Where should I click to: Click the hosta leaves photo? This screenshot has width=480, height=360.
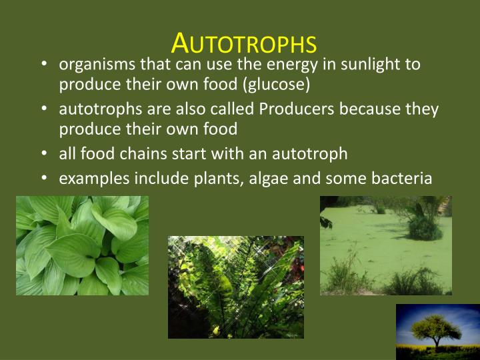82,245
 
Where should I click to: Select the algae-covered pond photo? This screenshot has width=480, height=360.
385,245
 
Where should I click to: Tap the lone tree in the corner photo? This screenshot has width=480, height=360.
435,328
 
